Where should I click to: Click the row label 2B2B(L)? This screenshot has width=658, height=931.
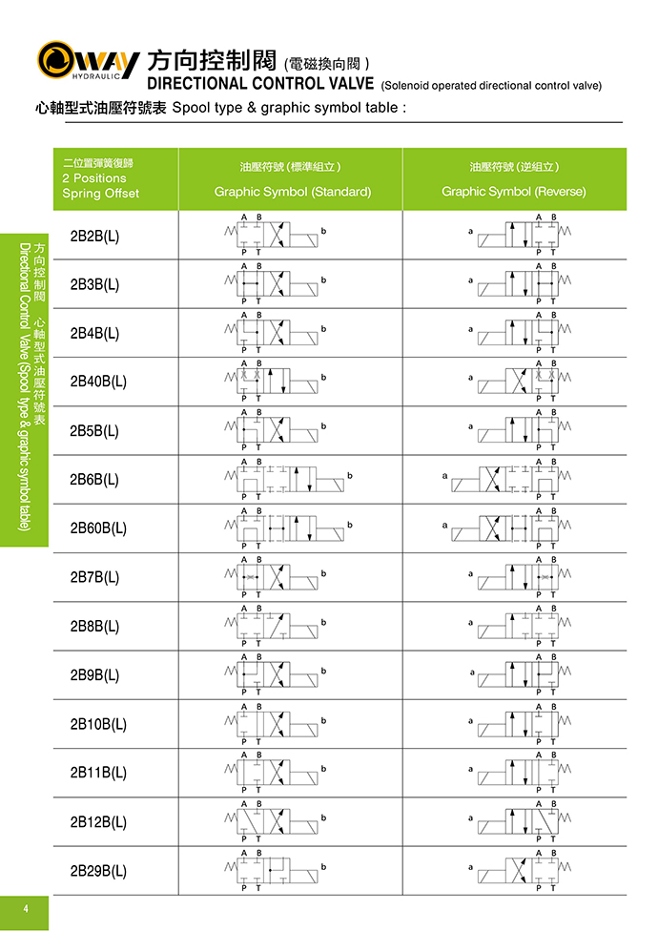click(94, 236)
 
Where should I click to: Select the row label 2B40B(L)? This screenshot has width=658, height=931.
click(98, 383)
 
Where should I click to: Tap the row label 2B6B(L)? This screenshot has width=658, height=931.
click(94, 480)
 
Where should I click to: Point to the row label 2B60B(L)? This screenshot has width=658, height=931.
click(98, 528)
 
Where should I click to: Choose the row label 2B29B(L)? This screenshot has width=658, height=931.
click(98, 871)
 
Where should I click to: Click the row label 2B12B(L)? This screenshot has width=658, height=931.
click(98, 822)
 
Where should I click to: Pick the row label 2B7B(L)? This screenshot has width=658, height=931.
click(94, 578)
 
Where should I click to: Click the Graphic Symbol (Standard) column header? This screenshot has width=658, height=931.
click(292, 192)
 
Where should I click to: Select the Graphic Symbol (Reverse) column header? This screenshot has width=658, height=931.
click(513, 192)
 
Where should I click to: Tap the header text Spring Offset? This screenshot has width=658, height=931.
click(100, 194)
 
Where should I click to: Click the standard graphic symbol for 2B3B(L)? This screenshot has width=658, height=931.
click(275, 284)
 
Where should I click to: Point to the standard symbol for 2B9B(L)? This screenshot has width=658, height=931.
click(275, 675)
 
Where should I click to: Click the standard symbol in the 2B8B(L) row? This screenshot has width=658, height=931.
click(275, 627)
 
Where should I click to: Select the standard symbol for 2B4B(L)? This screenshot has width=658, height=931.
click(275, 333)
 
